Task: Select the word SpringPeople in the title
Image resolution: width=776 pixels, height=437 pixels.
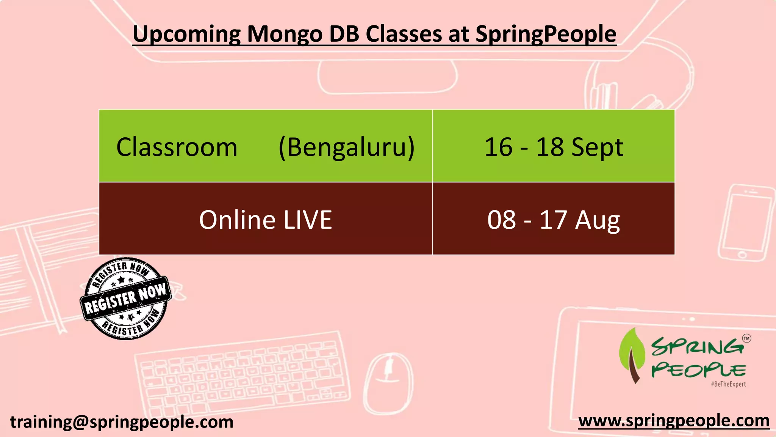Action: click(x=546, y=34)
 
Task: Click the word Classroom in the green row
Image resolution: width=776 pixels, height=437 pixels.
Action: click(x=177, y=147)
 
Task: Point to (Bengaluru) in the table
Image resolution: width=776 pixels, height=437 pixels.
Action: click(x=346, y=147)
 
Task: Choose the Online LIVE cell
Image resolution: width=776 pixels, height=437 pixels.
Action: click(x=265, y=220)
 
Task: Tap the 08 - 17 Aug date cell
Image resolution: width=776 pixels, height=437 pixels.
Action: click(x=554, y=220)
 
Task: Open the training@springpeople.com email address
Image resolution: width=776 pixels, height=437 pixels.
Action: click(x=122, y=422)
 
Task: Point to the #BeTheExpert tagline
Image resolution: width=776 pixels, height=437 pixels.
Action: click(x=728, y=384)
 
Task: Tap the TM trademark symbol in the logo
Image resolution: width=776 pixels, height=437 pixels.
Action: click(x=746, y=338)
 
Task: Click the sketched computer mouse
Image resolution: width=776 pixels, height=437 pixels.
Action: click(x=389, y=379)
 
